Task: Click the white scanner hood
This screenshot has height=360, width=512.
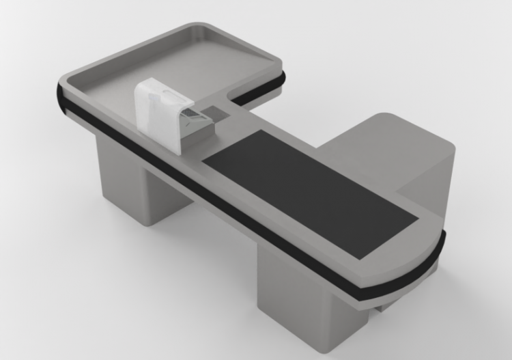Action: pos(156,109)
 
